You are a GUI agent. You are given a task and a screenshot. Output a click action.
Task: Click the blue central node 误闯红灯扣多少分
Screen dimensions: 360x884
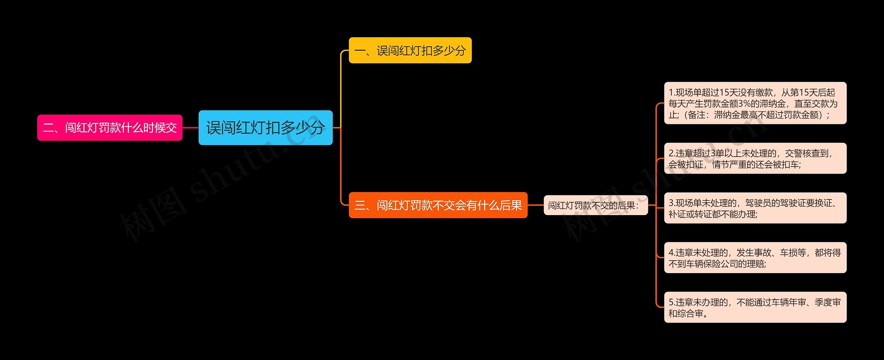265,128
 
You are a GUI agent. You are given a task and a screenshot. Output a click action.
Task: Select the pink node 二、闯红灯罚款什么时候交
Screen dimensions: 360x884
109,128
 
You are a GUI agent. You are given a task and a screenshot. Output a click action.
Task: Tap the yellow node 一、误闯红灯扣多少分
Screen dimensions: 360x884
410,50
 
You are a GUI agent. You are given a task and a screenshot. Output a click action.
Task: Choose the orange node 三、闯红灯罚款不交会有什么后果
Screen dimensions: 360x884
438,205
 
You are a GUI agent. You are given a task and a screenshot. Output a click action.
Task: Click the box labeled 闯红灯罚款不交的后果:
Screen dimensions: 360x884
595,205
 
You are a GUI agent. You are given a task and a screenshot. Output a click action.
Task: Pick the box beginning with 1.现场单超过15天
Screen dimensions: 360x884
755,103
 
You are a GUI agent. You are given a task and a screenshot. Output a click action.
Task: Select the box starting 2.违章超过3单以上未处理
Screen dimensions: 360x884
755,158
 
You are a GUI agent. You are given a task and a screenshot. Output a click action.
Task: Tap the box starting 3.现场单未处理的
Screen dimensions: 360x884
755,208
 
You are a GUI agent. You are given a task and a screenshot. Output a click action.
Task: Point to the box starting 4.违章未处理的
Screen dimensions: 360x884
755,258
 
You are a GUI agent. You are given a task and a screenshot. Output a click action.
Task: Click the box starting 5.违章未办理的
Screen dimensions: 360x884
755,308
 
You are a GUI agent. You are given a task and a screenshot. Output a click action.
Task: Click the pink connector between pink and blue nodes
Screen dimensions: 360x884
190,128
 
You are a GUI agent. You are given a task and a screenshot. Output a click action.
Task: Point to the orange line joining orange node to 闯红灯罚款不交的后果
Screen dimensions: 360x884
536,205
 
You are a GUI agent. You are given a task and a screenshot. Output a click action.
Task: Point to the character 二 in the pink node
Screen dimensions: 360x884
48,128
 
